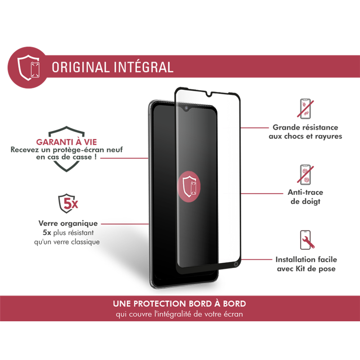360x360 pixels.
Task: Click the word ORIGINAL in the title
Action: point(79,67)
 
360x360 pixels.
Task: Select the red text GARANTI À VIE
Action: point(67,143)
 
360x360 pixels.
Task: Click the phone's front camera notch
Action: point(185,109)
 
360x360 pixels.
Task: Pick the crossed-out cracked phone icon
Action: point(305,109)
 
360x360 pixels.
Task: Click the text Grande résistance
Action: point(306,128)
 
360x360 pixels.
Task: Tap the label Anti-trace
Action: point(306,193)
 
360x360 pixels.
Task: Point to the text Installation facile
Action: point(306,260)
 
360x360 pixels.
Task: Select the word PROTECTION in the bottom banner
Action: point(160,304)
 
